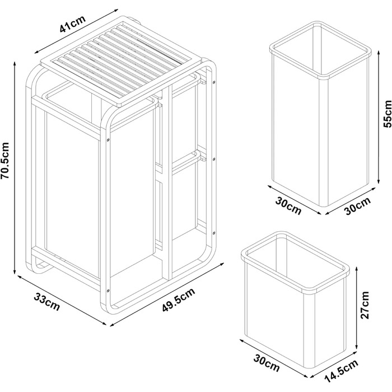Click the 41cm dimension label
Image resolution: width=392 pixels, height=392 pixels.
pyautogui.click(x=73, y=24)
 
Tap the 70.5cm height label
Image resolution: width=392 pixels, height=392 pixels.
pyautogui.click(x=5, y=160)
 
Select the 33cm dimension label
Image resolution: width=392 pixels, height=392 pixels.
pyautogui.click(x=46, y=302)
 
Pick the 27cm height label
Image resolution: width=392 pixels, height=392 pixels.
pyautogui.click(x=365, y=305)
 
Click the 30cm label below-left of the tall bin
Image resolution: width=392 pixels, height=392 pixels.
pyautogui.click(x=288, y=206)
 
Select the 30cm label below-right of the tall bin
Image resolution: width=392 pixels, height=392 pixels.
pyautogui.click(x=358, y=206)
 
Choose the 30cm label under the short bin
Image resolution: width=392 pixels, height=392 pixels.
pyautogui.click(x=267, y=363)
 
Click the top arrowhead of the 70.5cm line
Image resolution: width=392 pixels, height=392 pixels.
pyautogui.click(x=15, y=64)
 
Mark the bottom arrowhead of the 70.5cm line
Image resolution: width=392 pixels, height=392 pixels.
pyautogui.click(x=15, y=272)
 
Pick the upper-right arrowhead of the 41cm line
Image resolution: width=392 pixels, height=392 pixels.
pyautogui.click(x=115, y=11)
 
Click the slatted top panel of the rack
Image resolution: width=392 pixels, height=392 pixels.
pyautogui.click(x=121, y=60)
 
